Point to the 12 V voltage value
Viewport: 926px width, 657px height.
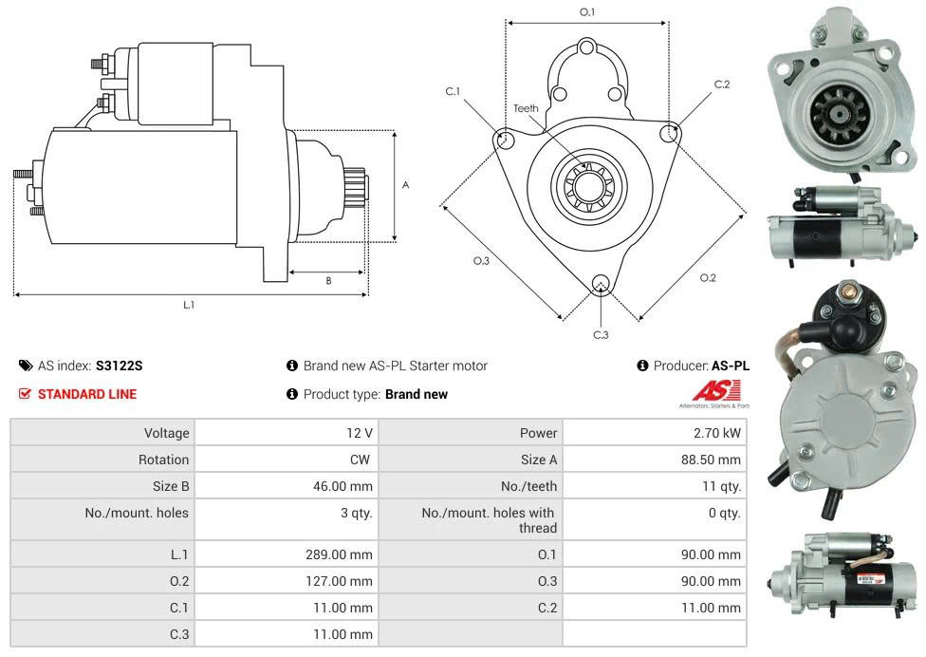pos(360,433)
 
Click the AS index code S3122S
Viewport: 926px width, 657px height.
pos(120,366)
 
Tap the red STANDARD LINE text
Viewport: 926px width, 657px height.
pos(86,394)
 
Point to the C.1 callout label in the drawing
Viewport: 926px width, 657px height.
pos(453,91)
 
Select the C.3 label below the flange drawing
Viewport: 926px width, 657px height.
pos(601,334)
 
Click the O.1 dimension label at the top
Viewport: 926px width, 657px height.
pos(587,11)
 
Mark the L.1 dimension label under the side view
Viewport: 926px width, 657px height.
pos(189,305)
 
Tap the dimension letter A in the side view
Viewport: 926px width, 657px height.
pos(405,185)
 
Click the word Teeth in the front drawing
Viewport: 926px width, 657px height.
pos(526,108)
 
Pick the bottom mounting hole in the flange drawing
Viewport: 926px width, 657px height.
pos(601,283)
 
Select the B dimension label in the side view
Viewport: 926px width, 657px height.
pos(328,280)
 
